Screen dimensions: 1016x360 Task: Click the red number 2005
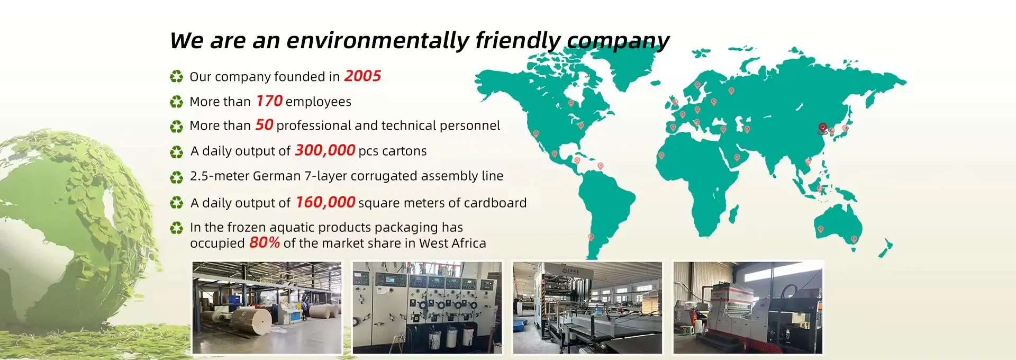(x=362, y=76)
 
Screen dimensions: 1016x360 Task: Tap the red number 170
(x=269, y=101)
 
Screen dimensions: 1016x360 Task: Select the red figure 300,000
(x=325, y=150)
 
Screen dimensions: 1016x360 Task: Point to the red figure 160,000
(x=325, y=202)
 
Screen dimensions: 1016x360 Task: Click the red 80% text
(x=265, y=242)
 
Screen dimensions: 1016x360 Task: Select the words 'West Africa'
(x=452, y=243)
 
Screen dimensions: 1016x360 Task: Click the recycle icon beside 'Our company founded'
(x=176, y=77)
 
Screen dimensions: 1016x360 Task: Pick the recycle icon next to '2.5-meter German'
(x=176, y=177)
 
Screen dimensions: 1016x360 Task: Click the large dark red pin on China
(x=822, y=128)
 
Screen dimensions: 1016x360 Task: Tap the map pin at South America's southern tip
(x=591, y=237)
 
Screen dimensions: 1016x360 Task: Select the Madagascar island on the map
(x=733, y=214)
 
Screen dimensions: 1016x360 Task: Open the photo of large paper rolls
(x=267, y=308)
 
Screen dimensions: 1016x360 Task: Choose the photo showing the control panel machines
(x=427, y=308)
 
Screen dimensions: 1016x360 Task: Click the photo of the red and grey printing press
(x=748, y=308)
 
